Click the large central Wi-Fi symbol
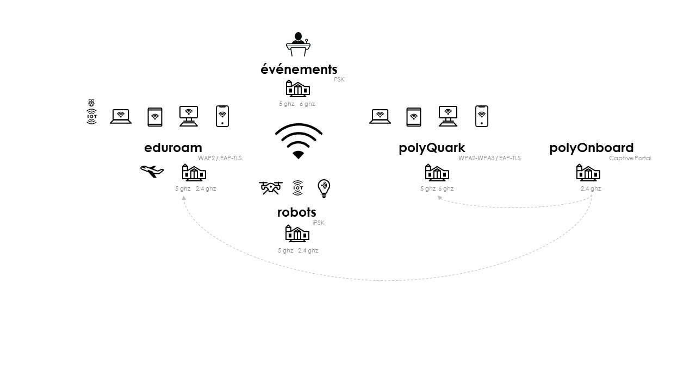(x=299, y=141)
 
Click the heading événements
(x=299, y=70)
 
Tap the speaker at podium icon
(x=297, y=45)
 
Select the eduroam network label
(x=173, y=148)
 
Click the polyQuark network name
(x=432, y=148)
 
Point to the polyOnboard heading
(x=591, y=148)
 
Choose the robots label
(x=296, y=212)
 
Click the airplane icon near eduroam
(x=152, y=172)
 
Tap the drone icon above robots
(x=270, y=188)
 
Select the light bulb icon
(x=324, y=188)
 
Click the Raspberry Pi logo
(x=91, y=103)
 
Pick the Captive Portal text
(x=630, y=159)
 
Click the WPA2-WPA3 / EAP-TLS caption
(x=489, y=159)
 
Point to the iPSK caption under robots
(x=319, y=223)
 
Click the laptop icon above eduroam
(x=121, y=116)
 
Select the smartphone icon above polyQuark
(x=481, y=116)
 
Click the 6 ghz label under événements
(x=307, y=104)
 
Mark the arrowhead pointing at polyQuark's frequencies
(x=439, y=198)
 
